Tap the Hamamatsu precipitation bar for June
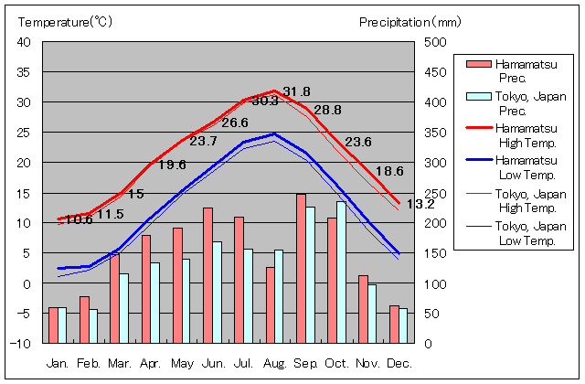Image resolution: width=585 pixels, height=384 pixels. (x=207, y=275)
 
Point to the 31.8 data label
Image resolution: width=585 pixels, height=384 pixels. (x=296, y=91)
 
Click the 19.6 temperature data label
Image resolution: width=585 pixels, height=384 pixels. (x=172, y=165)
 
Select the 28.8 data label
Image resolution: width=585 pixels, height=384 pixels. (x=327, y=110)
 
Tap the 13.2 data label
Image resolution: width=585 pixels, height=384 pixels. (x=420, y=204)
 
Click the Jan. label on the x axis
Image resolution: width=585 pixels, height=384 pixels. (x=58, y=364)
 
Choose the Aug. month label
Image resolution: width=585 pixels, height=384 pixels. (x=274, y=364)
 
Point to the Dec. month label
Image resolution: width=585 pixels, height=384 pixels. (x=399, y=364)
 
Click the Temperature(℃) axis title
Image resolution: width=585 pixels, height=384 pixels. (x=65, y=21)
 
